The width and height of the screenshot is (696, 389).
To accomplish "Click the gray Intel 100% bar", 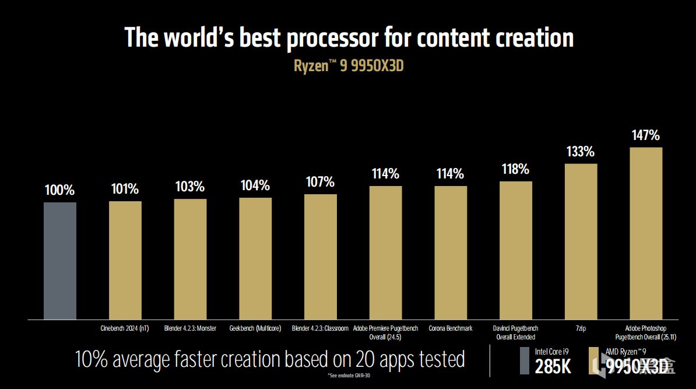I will pyautogui.click(x=60, y=261).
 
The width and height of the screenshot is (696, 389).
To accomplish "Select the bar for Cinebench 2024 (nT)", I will pyautogui.click(x=125, y=260).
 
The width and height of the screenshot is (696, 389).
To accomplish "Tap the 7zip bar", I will pyautogui.click(x=581, y=241).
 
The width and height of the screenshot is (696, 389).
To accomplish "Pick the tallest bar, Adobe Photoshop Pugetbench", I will pyautogui.click(x=646, y=233).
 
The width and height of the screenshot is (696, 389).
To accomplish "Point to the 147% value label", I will pyautogui.click(x=646, y=136).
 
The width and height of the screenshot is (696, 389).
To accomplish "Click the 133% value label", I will pyautogui.click(x=581, y=152).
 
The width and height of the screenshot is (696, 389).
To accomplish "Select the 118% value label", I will pyautogui.click(x=516, y=170).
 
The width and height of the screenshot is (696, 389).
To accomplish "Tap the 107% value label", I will pyautogui.click(x=321, y=182).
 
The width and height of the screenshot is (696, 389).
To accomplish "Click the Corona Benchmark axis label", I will pyautogui.click(x=451, y=328).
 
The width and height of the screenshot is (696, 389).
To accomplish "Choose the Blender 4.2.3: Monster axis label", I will pyautogui.click(x=191, y=328).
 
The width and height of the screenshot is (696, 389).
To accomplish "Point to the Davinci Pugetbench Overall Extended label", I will pyautogui.click(x=516, y=332).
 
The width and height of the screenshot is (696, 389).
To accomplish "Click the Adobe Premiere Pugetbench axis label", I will pyautogui.click(x=385, y=332).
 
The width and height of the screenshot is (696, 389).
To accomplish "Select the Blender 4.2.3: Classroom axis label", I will pyautogui.click(x=320, y=328).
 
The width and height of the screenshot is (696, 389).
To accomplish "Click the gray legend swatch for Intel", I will pyautogui.click(x=524, y=360).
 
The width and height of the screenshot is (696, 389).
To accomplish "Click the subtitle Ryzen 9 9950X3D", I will pyautogui.click(x=349, y=65).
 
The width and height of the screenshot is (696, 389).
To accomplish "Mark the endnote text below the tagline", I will pyautogui.click(x=348, y=374).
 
